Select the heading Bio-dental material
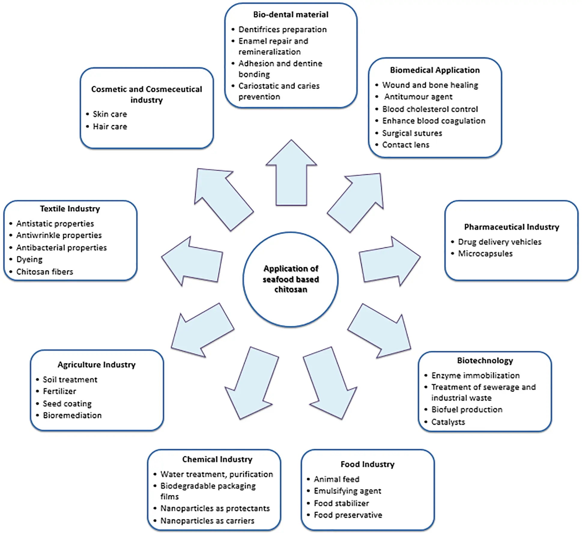pos(291,14)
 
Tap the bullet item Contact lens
pos(405,145)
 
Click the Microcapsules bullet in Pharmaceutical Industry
pos(485,254)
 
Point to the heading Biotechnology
pos(485,360)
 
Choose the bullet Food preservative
pos(348,515)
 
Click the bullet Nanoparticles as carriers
pos(207,521)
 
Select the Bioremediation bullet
pos(72,415)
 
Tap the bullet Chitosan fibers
pos(44,272)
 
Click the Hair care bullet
pos(110,126)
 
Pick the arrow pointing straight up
pos(291,173)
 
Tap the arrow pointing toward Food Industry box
pos(330,383)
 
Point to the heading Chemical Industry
pos(217,459)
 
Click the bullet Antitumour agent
pos(418,97)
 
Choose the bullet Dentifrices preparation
pos(283,29)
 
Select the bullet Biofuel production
pos(467,410)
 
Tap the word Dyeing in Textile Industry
pos(29,259)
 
